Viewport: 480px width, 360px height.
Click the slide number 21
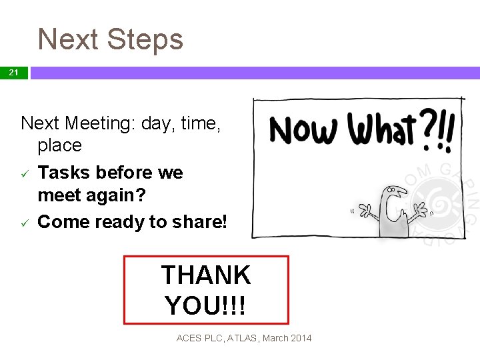click(x=13, y=73)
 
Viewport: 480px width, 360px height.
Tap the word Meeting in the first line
click(x=100, y=123)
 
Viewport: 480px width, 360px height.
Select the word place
click(x=60, y=145)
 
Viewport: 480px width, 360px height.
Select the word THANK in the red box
click(x=205, y=275)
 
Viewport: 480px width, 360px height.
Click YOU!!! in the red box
click(x=205, y=305)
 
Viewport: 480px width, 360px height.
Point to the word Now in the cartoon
click(x=303, y=129)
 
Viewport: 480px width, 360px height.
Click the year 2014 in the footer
click(x=300, y=339)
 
